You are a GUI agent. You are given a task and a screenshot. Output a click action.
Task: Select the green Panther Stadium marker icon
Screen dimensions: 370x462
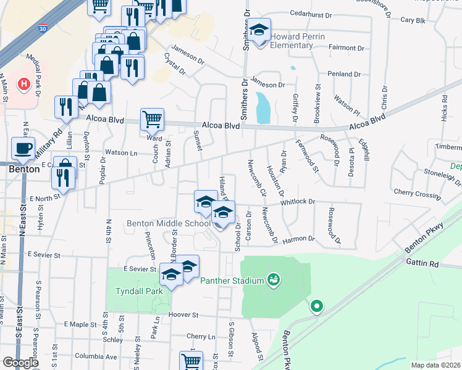point(273,281)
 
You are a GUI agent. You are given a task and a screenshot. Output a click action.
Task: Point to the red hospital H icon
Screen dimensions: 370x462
point(24,83)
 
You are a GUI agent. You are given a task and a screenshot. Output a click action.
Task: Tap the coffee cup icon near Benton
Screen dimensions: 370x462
point(24,149)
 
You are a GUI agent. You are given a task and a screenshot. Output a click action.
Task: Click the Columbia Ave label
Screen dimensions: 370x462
point(95,356)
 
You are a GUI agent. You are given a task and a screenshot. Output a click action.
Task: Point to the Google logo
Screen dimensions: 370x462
point(20,363)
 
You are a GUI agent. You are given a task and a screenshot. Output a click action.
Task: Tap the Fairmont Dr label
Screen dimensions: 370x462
point(346,47)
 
